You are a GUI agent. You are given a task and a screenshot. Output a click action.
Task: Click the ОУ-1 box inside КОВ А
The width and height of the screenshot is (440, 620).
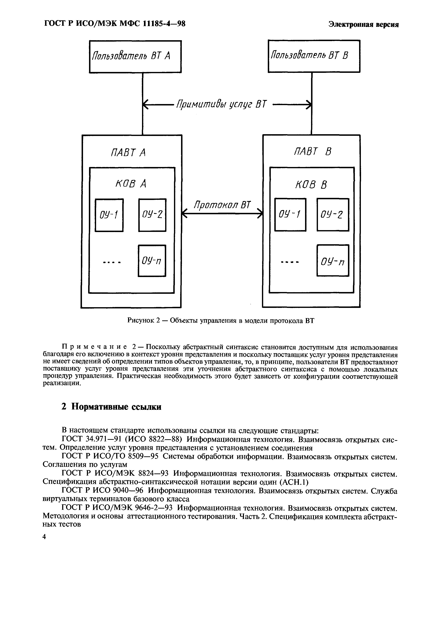click(109, 215)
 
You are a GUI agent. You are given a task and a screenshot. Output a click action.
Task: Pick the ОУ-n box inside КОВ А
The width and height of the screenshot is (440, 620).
click(152, 261)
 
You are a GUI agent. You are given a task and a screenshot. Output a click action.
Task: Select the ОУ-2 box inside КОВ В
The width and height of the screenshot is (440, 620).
click(333, 215)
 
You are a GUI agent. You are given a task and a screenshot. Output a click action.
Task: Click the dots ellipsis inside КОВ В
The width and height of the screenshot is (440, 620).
click(290, 262)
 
